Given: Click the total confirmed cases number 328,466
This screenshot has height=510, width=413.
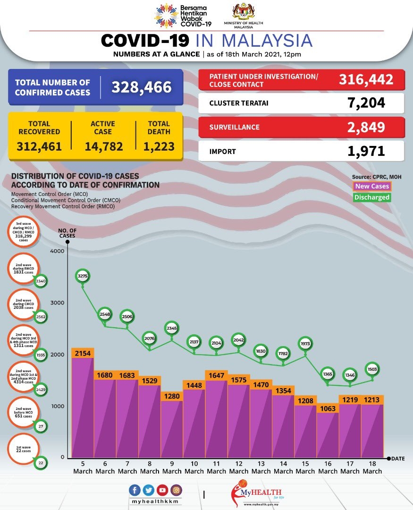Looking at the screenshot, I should pos(141,87).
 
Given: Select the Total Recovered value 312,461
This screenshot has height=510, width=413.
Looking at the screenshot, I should pos(39,146).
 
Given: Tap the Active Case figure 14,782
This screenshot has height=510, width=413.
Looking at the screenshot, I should pos(103,146).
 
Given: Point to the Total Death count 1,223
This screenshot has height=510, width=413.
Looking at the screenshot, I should pos(159,146).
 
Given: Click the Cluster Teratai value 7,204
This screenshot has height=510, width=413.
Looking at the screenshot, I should pos(365,102).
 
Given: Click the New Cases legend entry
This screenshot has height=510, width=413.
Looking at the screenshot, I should pos(372,187).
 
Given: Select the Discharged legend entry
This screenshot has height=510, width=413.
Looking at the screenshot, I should pos(372,197).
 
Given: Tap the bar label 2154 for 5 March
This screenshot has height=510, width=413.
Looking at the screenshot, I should pos(83,353).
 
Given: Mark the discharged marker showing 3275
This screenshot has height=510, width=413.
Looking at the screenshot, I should pos(83,276).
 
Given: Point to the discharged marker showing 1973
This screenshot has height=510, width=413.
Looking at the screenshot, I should pos(305,343).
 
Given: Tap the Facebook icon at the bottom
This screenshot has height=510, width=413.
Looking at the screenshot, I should pos(135,490).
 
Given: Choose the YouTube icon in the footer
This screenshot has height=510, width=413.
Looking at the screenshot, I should pos(163,490).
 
